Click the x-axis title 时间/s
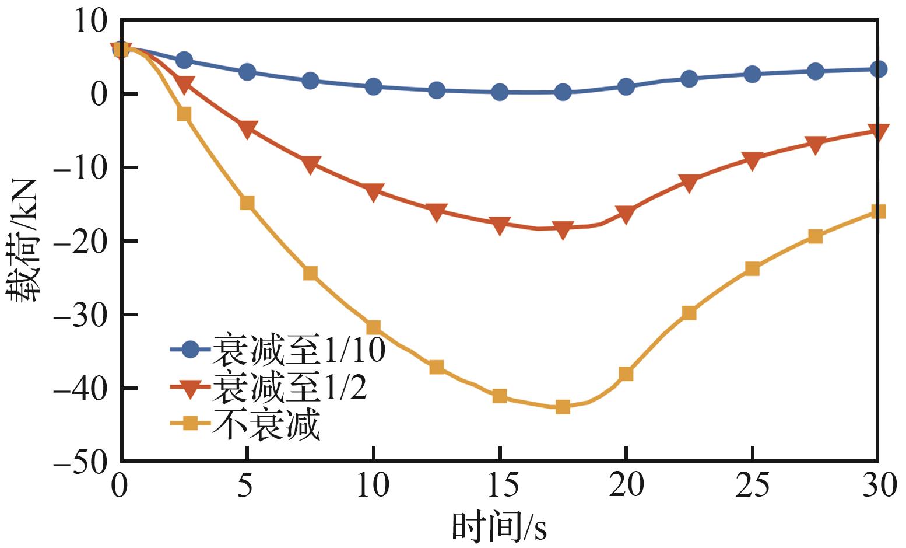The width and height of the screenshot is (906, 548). coord(499,527)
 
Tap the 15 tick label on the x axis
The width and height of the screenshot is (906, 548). coord(499,486)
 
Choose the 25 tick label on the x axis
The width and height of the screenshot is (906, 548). coord(752,486)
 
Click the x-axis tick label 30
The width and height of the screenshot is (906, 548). coord(877,486)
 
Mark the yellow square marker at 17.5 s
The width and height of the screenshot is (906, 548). coord(563,407)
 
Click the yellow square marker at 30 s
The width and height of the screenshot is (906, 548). coord(878,211)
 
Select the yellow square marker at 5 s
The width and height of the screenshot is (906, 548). coord(247,203)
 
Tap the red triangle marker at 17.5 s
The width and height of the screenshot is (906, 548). coord(563,231)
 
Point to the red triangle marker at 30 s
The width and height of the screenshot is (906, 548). coord(878,132)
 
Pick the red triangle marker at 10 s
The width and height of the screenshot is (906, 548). coord(374,191)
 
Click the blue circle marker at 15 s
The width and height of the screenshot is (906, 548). coord(500,92)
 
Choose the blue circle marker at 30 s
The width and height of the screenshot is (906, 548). coord(878,69)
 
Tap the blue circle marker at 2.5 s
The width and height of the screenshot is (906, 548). coord(184,60)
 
